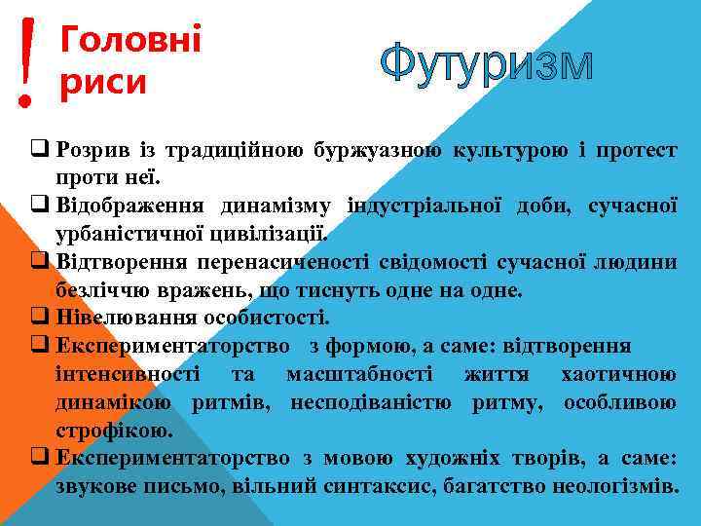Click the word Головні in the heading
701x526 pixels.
pyautogui.click(x=130, y=42)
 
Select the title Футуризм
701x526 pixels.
pyautogui.click(x=486, y=65)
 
